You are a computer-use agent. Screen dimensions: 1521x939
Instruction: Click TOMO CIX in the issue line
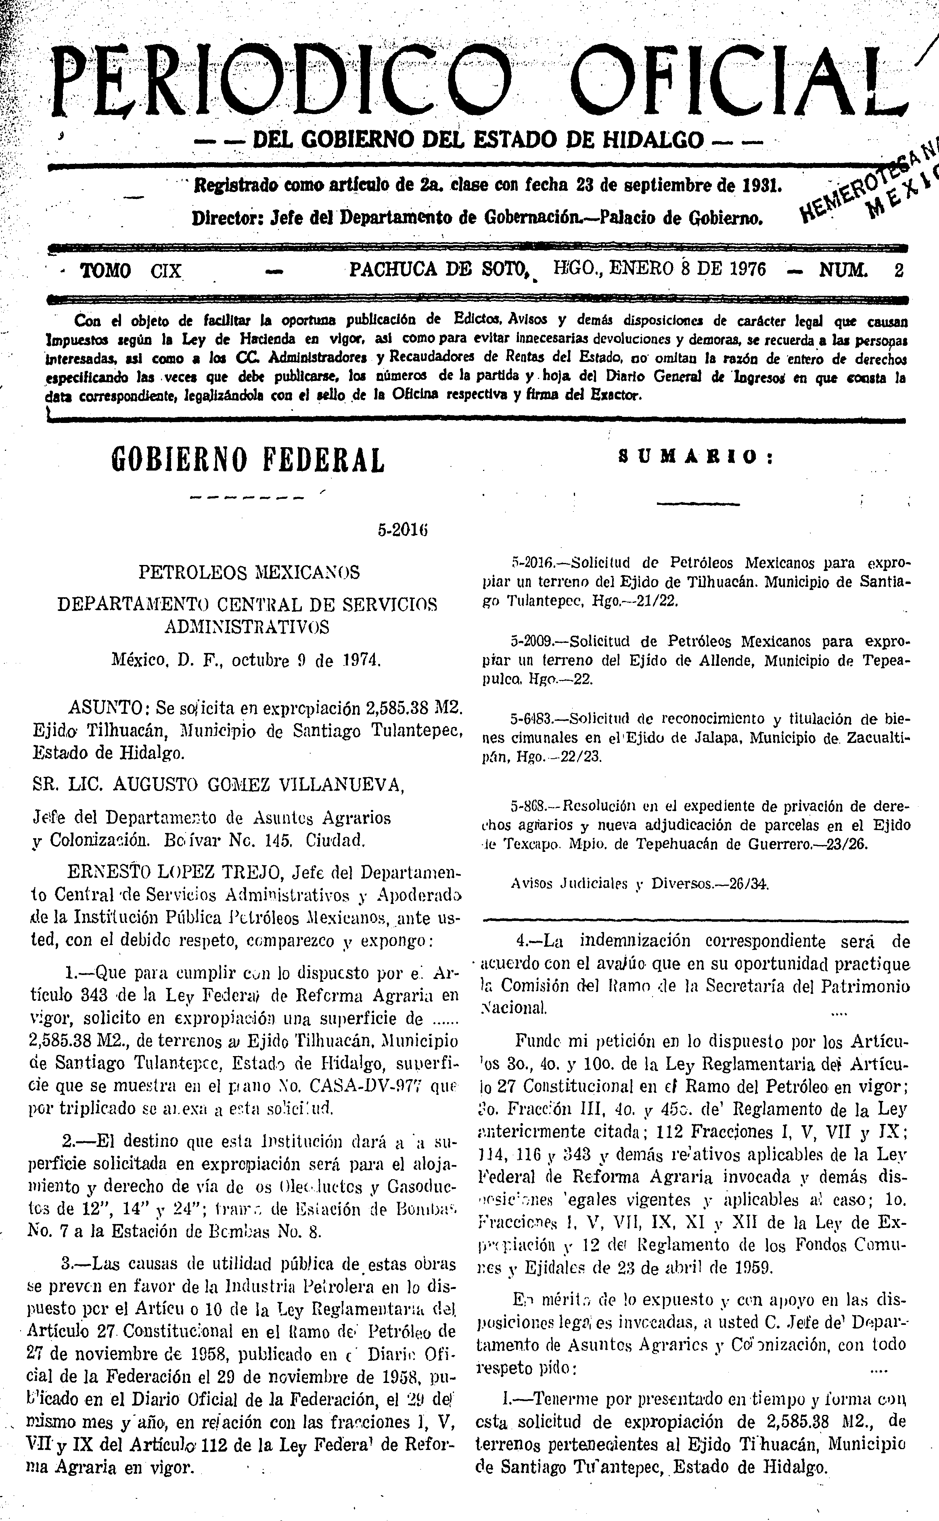coord(132,271)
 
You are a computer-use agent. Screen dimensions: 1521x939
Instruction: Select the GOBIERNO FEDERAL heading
coord(248,460)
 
